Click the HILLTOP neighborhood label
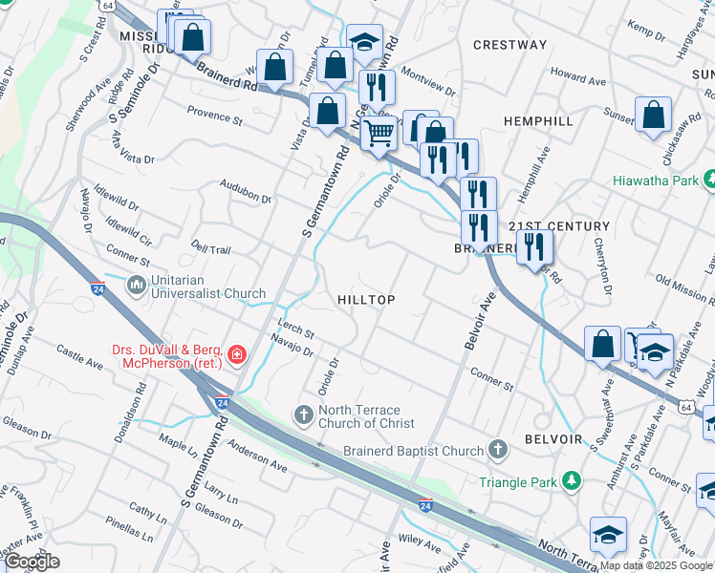click(366, 300)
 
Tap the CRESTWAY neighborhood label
click(510, 45)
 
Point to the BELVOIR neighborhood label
click(552, 438)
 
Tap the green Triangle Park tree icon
click(571, 481)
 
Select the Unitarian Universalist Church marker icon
click(136, 285)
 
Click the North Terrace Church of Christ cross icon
click(303, 414)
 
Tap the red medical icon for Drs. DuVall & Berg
click(236, 356)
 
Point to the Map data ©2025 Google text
click(656, 565)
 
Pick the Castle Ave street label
click(80, 358)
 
